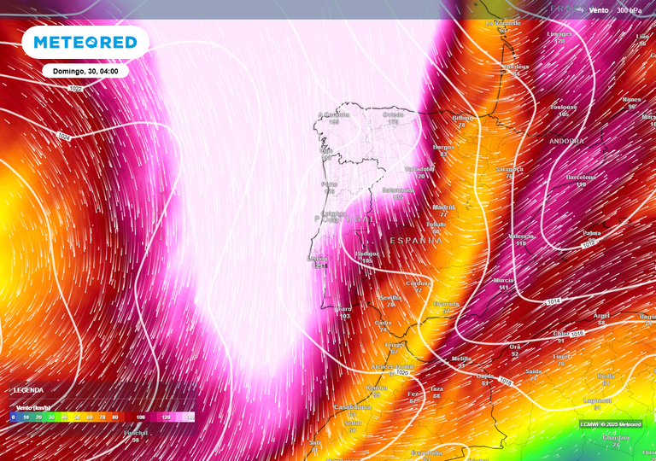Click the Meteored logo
point(85,43)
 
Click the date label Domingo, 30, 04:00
point(85,72)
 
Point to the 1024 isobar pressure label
point(65,136)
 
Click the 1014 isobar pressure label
point(553,301)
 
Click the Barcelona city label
point(581,178)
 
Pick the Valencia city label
point(521,236)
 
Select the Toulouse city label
point(563,108)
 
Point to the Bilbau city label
point(463,118)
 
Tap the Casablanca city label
point(352,407)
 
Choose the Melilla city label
point(460,359)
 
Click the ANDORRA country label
point(567,141)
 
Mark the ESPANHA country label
point(416,241)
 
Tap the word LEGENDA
point(28,389)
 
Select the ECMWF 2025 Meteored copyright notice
point(610,423)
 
